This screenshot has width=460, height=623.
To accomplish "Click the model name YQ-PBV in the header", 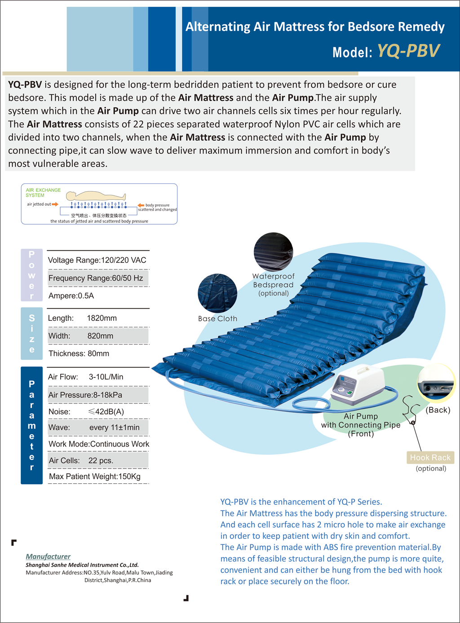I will coord(408,51).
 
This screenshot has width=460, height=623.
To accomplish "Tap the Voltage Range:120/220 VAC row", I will coord(97,260).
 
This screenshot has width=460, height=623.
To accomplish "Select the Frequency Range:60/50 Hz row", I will coord(96,278).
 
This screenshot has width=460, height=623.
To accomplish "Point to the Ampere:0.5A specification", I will coord(71,296).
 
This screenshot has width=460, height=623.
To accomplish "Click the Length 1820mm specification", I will coord(83,318).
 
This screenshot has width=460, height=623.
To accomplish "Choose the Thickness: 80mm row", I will coord(79,353).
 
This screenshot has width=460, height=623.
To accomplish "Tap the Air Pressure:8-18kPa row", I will coord(85,395).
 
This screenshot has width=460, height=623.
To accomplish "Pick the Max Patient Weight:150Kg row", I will coord(95,476).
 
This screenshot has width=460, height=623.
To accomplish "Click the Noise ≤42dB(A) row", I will coord(86,411).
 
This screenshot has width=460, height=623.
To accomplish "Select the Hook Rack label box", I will coord(430,457).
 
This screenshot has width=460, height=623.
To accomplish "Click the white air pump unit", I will coord(358,384).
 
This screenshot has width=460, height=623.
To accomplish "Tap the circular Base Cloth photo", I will coord(217,293).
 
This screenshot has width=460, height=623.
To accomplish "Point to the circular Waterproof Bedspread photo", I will coord(273,252).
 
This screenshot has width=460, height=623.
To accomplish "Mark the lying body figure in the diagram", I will coord(96,196).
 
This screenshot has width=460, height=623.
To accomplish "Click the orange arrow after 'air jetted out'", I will coord(55,204).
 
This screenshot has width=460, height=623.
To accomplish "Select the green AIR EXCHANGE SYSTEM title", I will coord(43,193).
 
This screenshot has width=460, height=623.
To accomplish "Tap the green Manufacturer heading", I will coord(48,557).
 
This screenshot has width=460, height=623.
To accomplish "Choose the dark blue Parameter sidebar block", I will coord(31,425).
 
